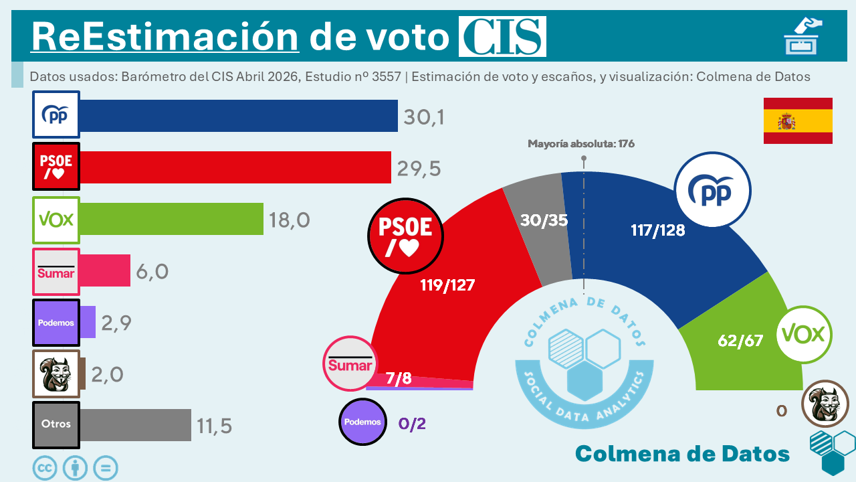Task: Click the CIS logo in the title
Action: pos(502,37)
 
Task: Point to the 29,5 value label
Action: pos(419,169)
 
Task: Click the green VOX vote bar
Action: pos(171,220)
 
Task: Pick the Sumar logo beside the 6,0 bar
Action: pos(56,272)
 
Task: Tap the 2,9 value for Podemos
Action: pos(116,323)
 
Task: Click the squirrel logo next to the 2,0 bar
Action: pos(56,374)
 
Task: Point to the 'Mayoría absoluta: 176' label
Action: pos(580,144)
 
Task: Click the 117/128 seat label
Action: pos(657,231)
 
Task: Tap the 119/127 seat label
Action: pos(447,285)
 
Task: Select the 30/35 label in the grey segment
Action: pos(544,220)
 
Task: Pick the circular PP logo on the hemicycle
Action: pos(712,191)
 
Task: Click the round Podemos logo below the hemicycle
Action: pos(363,422)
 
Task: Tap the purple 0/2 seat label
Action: pos(412,423)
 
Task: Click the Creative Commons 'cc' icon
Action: pos(45,468)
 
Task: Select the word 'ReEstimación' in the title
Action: pos(165,37)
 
